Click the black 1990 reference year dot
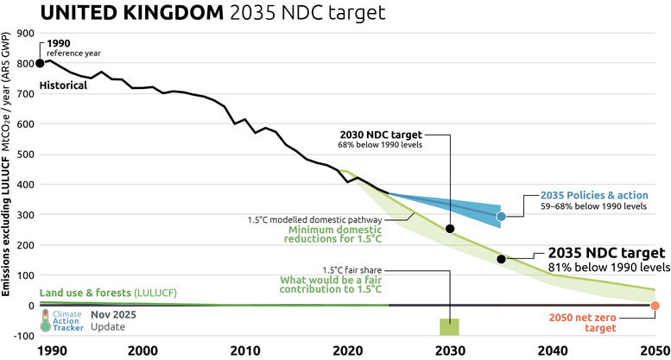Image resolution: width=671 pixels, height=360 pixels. pyautogui.click(x=40, y=63)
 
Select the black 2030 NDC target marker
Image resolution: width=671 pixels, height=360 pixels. pyautogui.click(x=450, y=229)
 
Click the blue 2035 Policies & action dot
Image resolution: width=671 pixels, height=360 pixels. pyautogui.click(x=501, y=216)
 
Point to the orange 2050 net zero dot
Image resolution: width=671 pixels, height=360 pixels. pyautogui.click(x=655, y=306)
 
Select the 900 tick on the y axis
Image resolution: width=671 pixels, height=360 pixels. pyautogui.click(x=24, y=34)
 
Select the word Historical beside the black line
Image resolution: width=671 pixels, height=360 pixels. pyautogui.click(x=64, y=86)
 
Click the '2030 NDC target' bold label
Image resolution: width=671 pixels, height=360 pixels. pyautogui.click(x=381, y=135)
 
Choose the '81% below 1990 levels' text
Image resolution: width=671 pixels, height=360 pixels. pyautogui.click(x=607, y=268)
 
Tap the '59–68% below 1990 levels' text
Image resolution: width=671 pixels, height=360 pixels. pyautogui.click(x=593, y=207)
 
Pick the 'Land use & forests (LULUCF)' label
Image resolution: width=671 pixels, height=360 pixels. pyautogui.click(x=108, y=294)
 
